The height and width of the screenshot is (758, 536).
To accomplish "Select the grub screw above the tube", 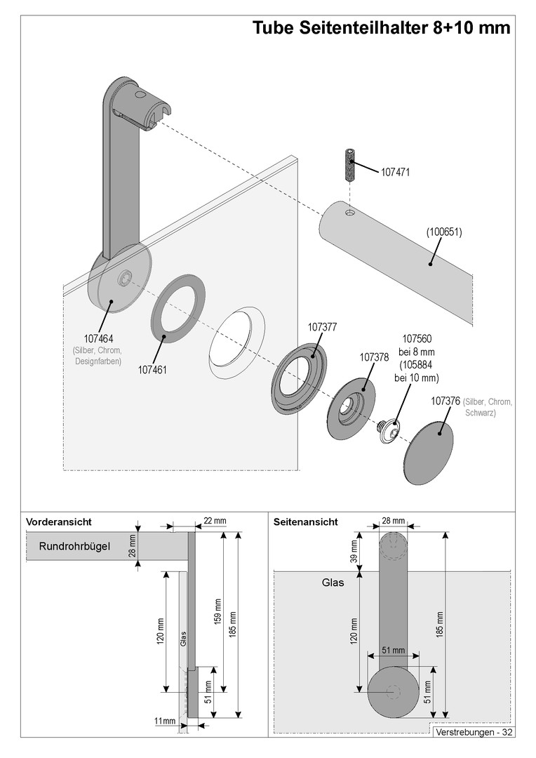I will pyautogui.click(x=349, y=165).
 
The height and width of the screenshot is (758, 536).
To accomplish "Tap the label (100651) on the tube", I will pyautogui.click(x=444, y=231).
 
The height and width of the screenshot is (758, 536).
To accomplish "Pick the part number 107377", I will pyautogui.click(x=323, y=327).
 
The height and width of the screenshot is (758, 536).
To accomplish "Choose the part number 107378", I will pyautogui.click(x=374, y=357).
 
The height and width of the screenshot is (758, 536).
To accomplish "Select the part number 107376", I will pyautogui.click(x=445, y=401).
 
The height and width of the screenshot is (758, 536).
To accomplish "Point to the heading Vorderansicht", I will pyautogui.click(x=59, y=522).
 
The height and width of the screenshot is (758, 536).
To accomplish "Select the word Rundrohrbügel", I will pyautogui.click(x=74, y=545).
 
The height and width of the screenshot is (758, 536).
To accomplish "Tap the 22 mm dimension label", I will pyautogui.click(x=215, y=521).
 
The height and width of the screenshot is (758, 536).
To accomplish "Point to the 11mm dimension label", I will pyautogui.click(x=165, y=721).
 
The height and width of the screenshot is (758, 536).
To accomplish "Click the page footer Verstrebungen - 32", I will pyautogui.click(x=474, y=732).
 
